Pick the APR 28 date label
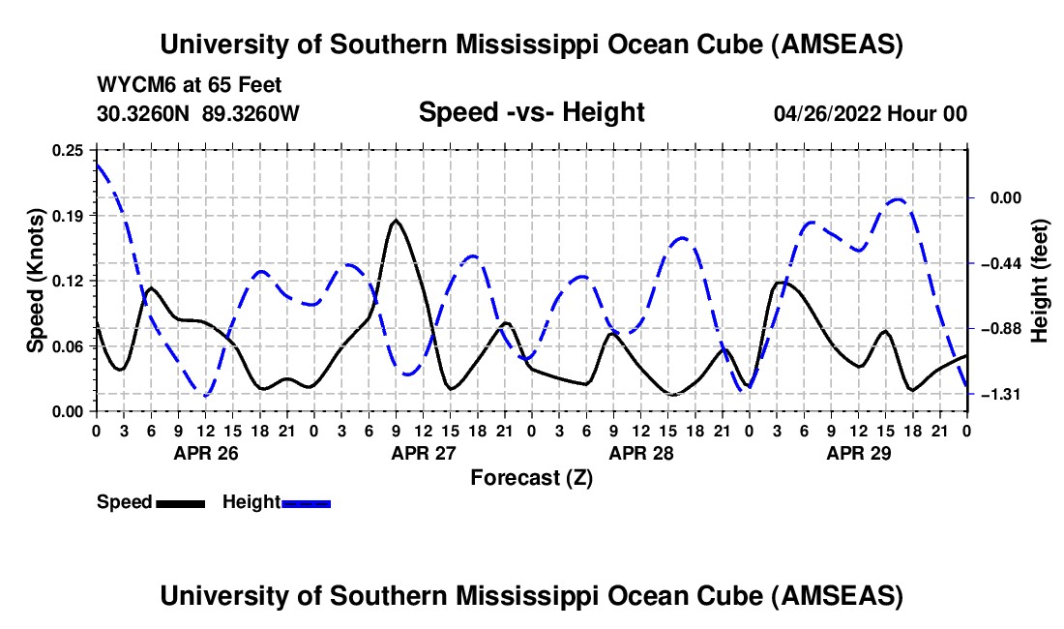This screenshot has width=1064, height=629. click(640, 452)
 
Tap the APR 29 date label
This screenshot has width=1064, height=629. click(858, 452)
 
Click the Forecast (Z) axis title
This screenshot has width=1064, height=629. click(531, 477)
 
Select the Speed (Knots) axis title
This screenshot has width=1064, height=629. click(36, 281)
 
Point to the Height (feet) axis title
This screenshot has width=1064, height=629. click(1040, 281)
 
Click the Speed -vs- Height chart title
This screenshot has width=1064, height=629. click(531, 112)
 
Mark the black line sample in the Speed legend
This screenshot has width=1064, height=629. click(179, 503)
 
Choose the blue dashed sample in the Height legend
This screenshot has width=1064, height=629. click(306, 503)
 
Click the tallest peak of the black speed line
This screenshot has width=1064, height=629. click(396, 221)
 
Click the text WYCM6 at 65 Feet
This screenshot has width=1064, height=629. click(190, 85)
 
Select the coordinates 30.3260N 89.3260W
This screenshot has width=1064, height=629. click(198, 113)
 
